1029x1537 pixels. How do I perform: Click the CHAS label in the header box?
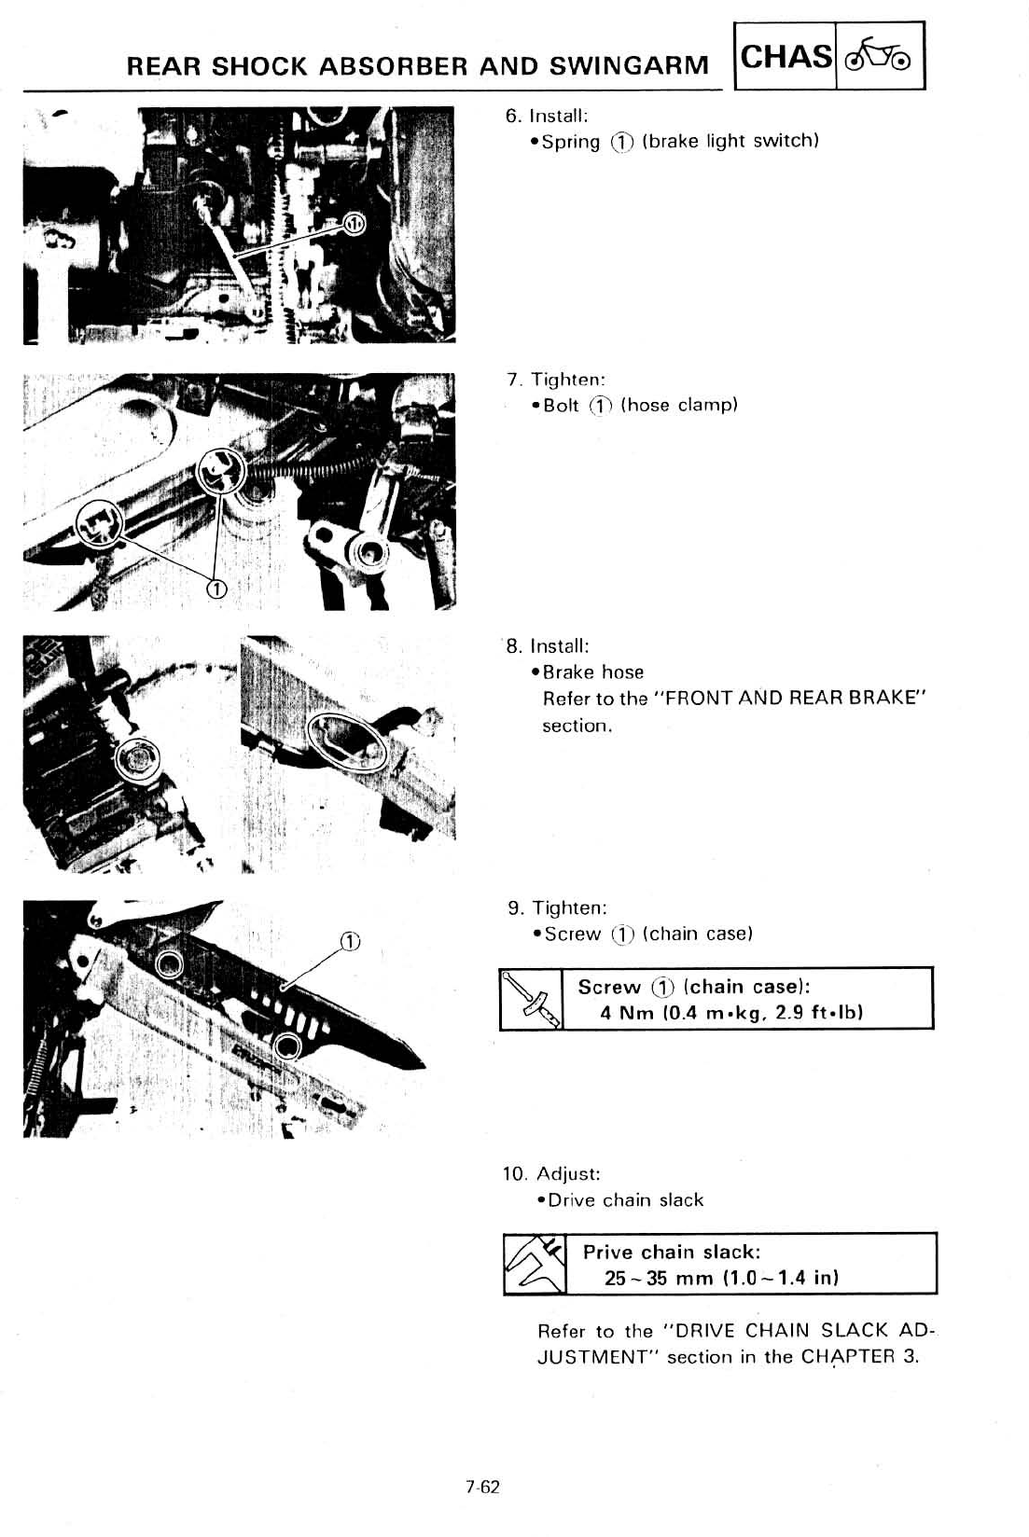(786, 57)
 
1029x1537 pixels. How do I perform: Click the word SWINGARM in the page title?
(629, 66)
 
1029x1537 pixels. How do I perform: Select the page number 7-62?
(484, 1487)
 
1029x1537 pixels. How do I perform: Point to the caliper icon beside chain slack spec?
(534, 1264)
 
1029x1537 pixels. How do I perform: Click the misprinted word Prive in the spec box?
(607, 1252)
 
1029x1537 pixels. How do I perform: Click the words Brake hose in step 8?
(593, 672)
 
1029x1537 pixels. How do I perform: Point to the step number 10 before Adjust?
(515, 1173)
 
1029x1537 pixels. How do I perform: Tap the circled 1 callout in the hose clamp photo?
(216, 588)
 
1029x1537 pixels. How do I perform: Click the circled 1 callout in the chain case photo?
(349, 939)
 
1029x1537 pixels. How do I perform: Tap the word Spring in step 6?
(571, 142)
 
